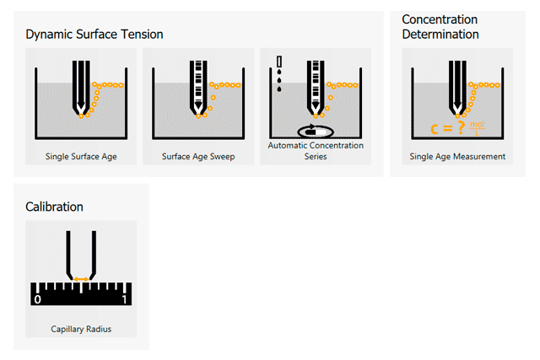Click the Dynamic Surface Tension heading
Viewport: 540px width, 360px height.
coord(94,35)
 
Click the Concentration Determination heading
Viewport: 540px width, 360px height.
coord(440,27)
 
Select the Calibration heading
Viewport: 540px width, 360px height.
coord(54,207)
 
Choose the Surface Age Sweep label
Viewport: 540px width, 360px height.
coord(198,157)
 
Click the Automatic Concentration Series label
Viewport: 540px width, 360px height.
coord(316,151)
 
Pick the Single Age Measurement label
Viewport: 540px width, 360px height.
coord(457,157)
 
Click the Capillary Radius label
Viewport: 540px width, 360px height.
coord(80,329)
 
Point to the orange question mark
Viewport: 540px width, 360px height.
coord(462,129)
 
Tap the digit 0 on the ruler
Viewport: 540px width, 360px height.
coord(37,299)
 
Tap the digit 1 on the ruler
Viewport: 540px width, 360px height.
coord(125,299)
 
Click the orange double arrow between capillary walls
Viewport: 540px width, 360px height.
coord(80,278)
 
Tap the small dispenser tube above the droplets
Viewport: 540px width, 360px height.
coord(280,61)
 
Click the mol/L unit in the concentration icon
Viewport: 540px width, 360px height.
coord(477,128)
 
